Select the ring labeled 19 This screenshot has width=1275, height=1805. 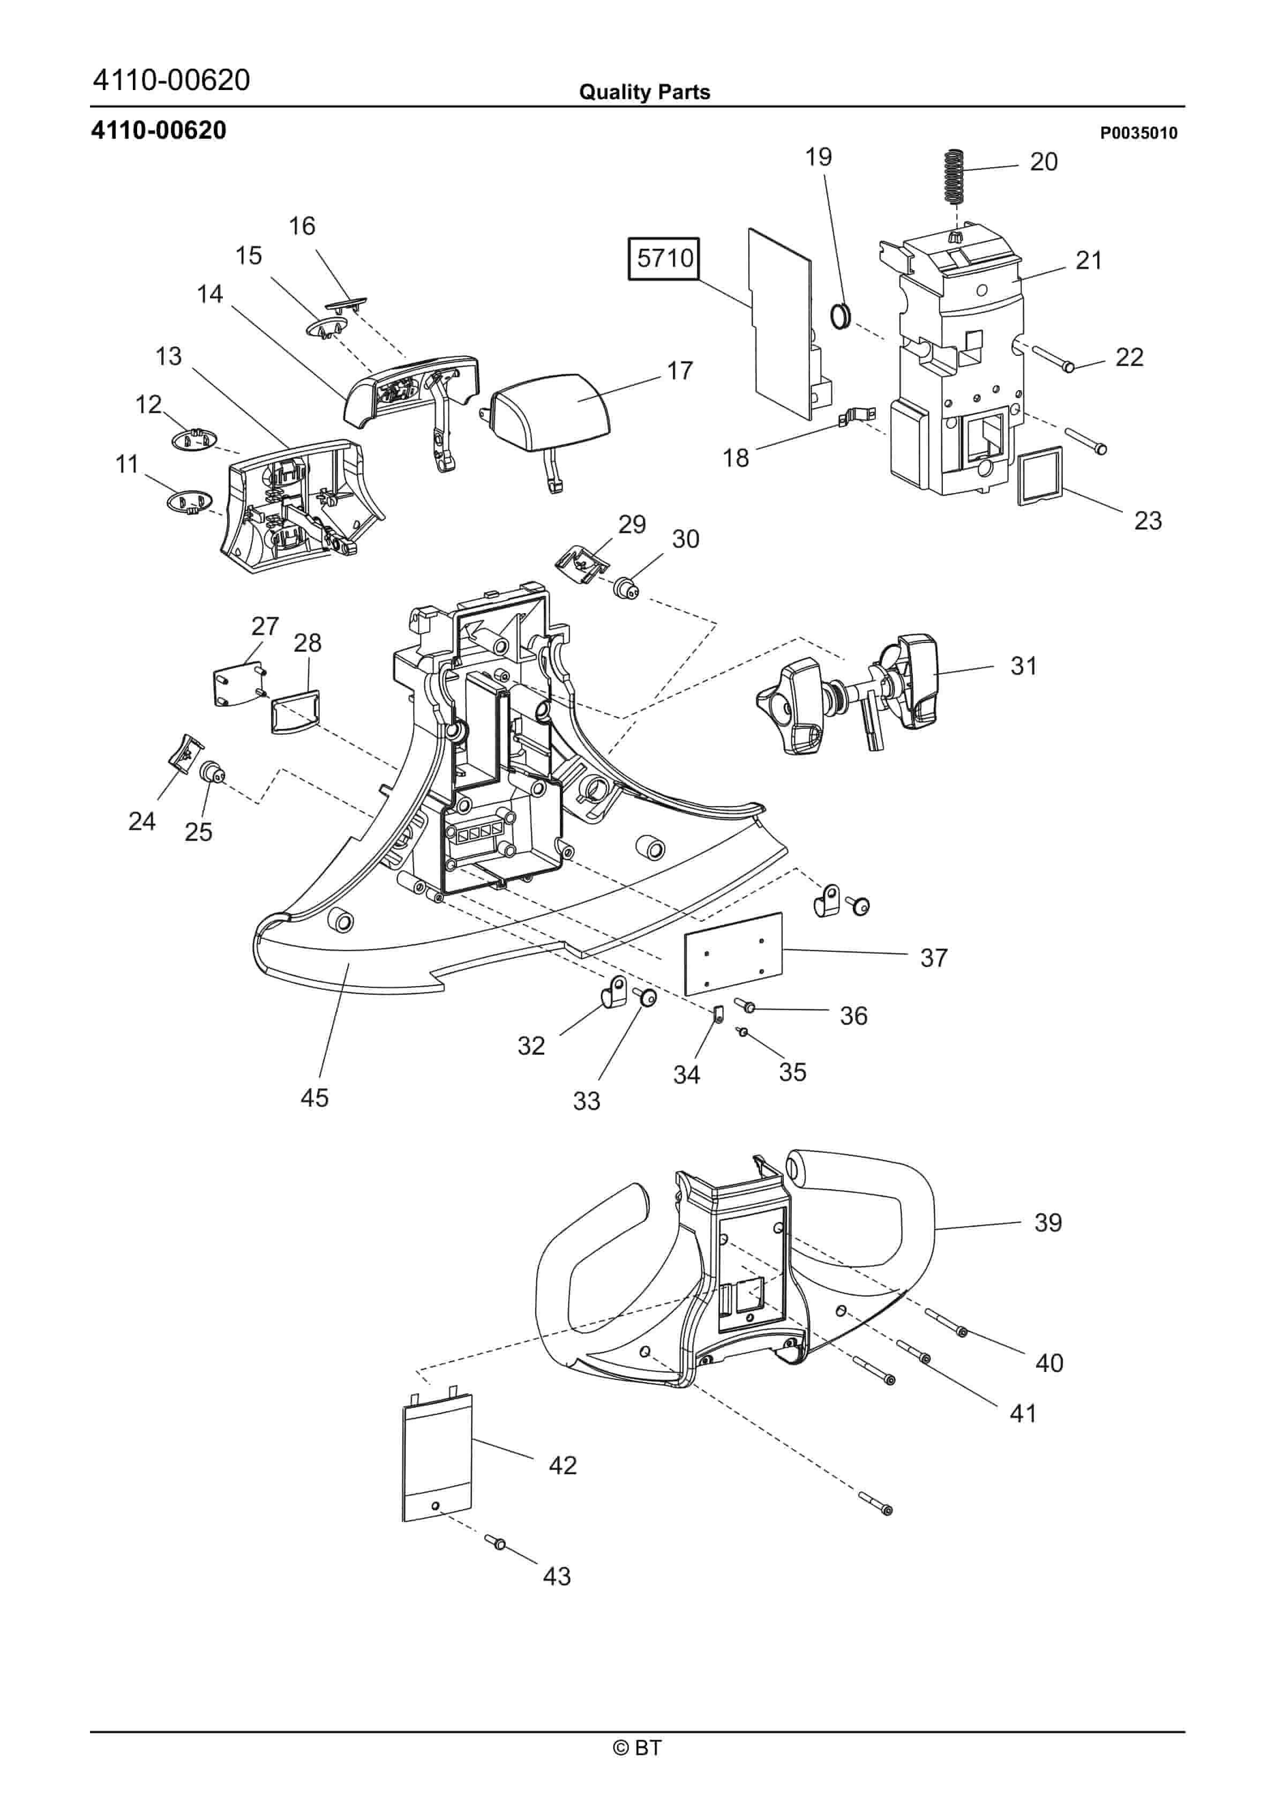[x=841, y=316]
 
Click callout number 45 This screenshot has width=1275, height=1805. [x=314, y=1098]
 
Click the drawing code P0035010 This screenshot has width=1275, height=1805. [x=1138, y=133]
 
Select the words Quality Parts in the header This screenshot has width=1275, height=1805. [x=644, y=92]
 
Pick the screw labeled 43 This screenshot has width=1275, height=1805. [x=495, y=1542]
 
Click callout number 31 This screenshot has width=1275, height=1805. [x=1023, y=666]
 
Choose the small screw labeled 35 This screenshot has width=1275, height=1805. [x=741, y=1032]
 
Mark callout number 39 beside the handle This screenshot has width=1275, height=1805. [x=1047, y=1222]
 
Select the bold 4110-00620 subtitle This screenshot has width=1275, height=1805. [x=159, y=130]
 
